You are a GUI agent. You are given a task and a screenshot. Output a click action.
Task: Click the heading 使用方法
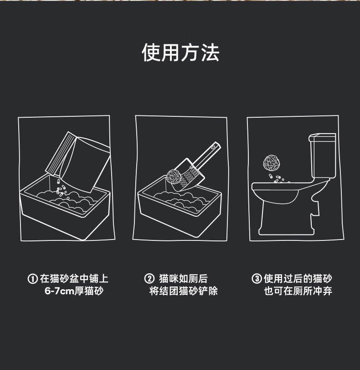pos(180,52)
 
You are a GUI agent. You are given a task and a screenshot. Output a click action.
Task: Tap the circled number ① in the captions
pos(32,279)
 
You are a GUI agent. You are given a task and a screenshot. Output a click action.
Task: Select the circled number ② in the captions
pos(149,278)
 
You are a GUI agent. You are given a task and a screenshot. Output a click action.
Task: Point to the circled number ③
pos(257,278)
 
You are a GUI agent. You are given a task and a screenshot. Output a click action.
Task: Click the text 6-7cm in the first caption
pos(59,291)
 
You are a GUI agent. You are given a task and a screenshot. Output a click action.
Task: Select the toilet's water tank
pos(323,156)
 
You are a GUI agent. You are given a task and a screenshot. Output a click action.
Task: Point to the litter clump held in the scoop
pos(174,177)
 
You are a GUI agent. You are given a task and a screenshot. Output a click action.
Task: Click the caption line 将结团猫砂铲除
pos(184,291)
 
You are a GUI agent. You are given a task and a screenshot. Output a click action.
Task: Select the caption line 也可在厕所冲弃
pos(298,291)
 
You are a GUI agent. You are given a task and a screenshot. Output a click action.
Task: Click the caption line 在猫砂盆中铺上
pos(74,279)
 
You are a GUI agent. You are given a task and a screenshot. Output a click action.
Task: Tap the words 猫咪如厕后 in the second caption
pos(184,279)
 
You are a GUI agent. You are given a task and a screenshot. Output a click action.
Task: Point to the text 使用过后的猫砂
pos(298,279)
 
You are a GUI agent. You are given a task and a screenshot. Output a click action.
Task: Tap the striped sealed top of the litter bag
pos(60,153)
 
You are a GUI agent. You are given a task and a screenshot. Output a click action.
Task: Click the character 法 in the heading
pos(210,52)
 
